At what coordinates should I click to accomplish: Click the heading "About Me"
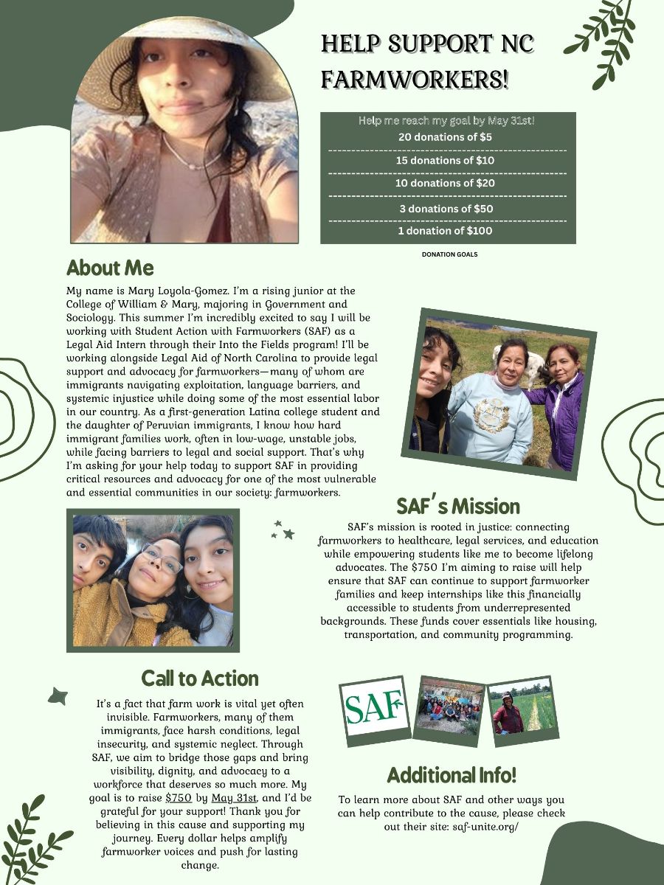(110, 267)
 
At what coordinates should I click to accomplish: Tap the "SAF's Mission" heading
(458, 507)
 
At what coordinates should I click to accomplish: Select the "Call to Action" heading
(200, 678)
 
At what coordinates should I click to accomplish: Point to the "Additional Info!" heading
(452, 775)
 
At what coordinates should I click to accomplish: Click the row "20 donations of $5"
(445, 137)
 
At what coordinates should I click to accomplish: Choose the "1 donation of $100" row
(445, 231)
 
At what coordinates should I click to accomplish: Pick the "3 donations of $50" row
(445, 209)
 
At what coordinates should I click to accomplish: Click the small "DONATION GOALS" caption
(449, 254)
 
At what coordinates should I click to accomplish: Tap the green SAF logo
(374, 707)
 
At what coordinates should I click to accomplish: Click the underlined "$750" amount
(179, 798)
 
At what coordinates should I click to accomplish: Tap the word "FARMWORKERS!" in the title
(415, 79)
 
